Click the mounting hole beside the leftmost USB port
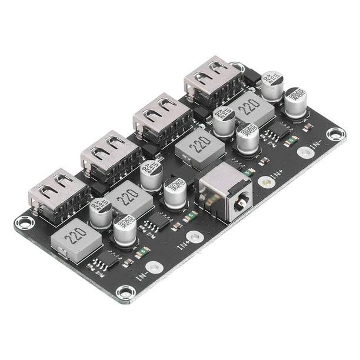pyautogui.click(x=24, y=222)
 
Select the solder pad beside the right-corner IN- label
pyautogui.click(x=305, y=153)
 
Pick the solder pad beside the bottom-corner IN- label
pyautogui.click(x=155, y=268)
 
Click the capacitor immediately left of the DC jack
pyautogui.click(x=176, y=195)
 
